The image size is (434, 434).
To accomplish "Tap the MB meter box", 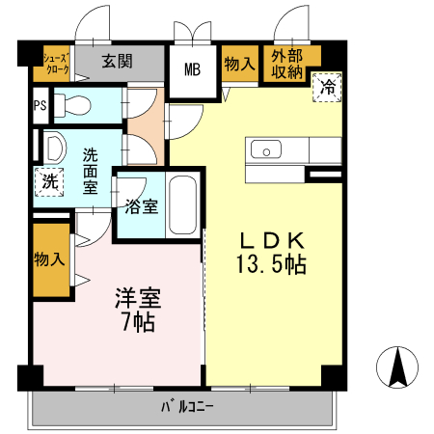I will tap(193, 70).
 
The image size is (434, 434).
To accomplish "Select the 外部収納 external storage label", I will tap(286, 64).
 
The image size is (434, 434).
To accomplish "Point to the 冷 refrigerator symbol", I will tap(328, 88).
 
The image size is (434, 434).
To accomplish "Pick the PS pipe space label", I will tap(40, 105).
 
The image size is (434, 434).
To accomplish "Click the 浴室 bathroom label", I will tap(142, 206).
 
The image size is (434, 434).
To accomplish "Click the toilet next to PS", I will tap(71, 103).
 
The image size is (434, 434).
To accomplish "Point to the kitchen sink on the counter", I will tap(265, 149).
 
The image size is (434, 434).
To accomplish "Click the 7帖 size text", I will tap(134, 321).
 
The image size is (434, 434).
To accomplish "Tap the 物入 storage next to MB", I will tap(238, 64).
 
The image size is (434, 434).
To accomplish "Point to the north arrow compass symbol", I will tap(396, 366).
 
